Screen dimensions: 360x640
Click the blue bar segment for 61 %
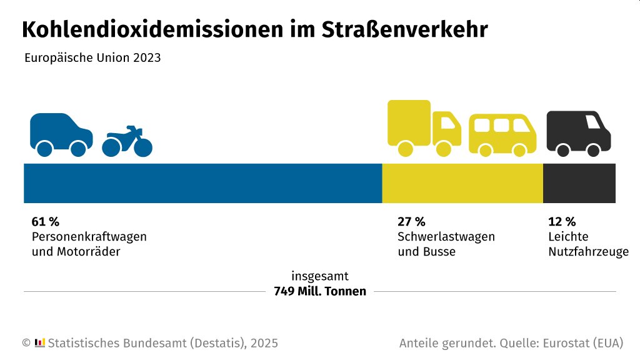point(202,183)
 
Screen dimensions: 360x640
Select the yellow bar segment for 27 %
point(462,183)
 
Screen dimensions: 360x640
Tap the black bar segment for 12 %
point(579,183)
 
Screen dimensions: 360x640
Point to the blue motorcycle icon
point(127,142)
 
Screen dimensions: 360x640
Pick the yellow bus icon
point(502,135)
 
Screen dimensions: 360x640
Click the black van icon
point(578,132)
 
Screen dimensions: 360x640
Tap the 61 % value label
point(45,221)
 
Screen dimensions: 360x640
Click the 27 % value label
point(411,221)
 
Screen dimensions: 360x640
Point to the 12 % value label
point(562,221)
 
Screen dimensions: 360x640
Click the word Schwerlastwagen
point(446,237)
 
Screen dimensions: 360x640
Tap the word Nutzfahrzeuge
point(588,252)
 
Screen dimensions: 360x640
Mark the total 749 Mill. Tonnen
point(320,291)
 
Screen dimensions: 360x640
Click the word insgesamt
point(320,276)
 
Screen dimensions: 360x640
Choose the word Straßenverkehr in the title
point(405,30)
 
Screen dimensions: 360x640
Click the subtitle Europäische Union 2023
point(92,58)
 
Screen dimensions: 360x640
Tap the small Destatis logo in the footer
point(39,342)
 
